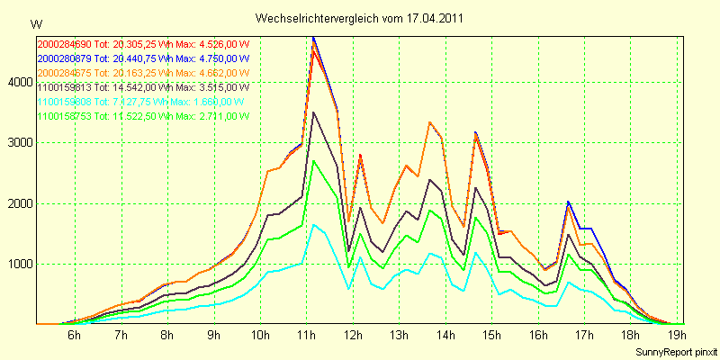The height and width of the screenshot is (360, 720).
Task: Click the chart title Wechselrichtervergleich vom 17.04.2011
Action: (360, 18)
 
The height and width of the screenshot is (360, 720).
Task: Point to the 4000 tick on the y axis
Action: (19, 83)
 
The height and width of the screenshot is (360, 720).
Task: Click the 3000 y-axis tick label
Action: (19, 143)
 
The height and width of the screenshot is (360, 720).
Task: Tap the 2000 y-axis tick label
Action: (19, 204)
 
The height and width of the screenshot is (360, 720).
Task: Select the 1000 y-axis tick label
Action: (19, 265)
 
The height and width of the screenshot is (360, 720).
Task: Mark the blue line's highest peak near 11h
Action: (313, 37)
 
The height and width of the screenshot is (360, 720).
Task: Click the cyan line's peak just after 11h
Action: (313, 225)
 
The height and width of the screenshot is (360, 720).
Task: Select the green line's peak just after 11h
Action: (313, 161)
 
